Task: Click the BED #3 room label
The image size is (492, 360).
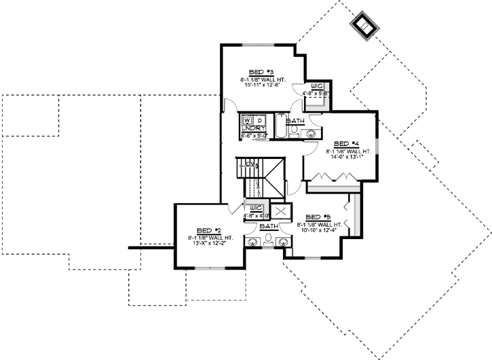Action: click(x=261, y=72)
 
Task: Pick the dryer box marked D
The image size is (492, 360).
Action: click(x=259, y=121)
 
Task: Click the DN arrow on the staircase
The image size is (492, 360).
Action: click(x=249, y=164)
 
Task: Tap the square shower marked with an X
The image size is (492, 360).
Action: click(x=280, y=211)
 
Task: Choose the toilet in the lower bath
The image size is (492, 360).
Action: click(x=269, y=239)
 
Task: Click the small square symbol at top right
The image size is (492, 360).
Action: click(x=362, y=26)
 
